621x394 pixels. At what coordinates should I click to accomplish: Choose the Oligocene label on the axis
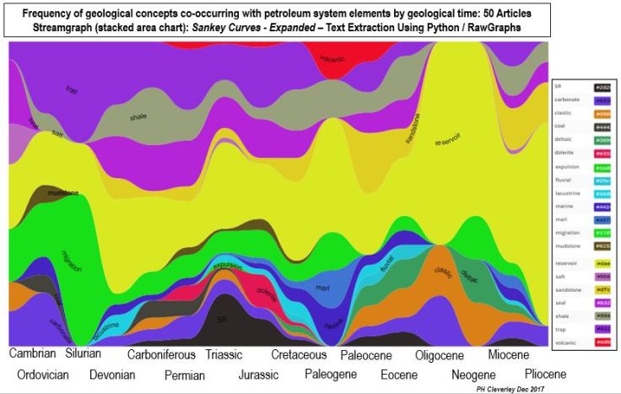point(440,354)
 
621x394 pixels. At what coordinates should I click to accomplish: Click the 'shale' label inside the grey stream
point(138,118)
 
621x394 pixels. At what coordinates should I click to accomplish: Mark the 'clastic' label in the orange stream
point(443,272)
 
